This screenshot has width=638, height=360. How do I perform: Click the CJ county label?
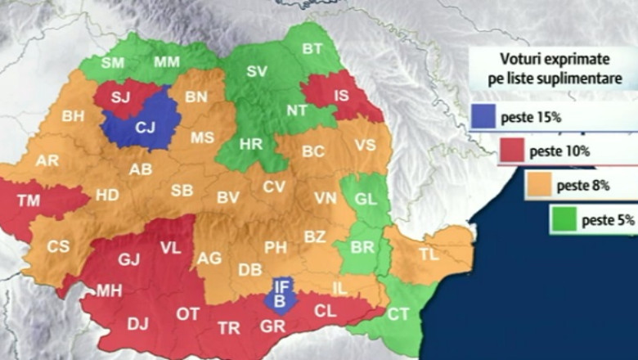coord(145,127)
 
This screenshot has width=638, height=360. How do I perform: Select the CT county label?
coord(398,314)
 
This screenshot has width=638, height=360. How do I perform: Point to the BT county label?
coord(312,49)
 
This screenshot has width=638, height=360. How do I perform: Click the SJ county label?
coord(121,98)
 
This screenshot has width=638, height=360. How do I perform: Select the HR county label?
coord(251,145)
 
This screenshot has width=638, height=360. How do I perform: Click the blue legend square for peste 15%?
coord(483,117)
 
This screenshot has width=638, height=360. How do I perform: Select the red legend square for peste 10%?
coord(510,151)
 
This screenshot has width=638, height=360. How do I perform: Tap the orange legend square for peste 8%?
coord(537,186)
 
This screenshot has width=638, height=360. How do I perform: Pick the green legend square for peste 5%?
coord(563,219)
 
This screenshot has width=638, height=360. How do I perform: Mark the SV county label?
coord(257,71)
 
